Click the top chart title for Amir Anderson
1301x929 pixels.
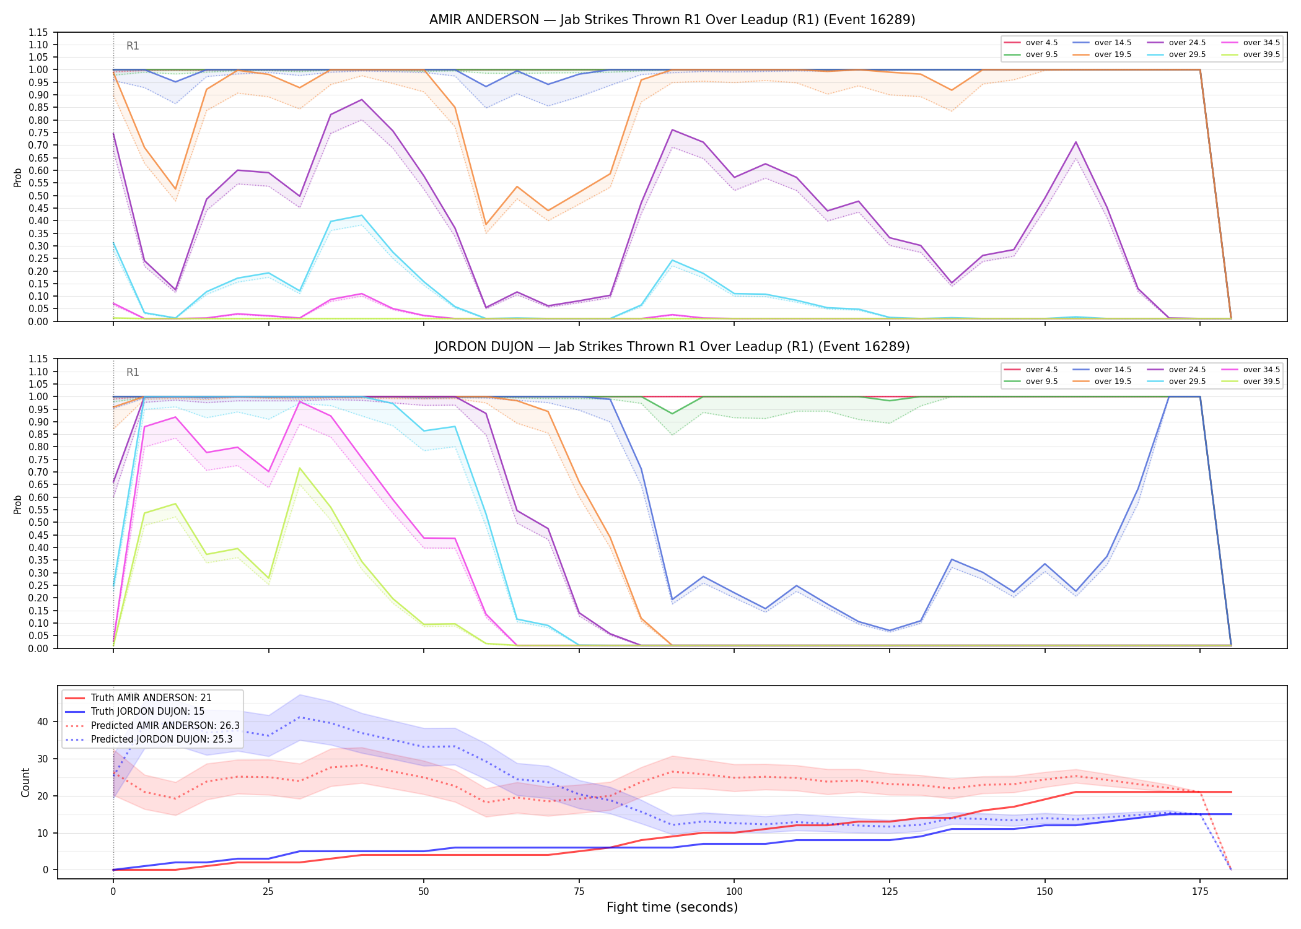point(672,20)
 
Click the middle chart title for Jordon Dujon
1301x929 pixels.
point(672,347)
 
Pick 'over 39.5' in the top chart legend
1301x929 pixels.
point(1261,55)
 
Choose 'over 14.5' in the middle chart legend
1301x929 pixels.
point(1113,370)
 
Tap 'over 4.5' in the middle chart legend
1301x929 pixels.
point(1041,370)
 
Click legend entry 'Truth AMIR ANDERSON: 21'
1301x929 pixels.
point(151,698)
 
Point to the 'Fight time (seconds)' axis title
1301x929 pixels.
point(672,907)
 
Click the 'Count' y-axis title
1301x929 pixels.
point(25,782)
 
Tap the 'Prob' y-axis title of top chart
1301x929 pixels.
point(18,177)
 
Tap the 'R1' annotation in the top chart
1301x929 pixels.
point(133,46)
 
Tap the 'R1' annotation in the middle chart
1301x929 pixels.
point(133,372)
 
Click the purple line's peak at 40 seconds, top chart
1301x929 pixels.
point(362,100)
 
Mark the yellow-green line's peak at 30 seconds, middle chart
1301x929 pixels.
point(300,468)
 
